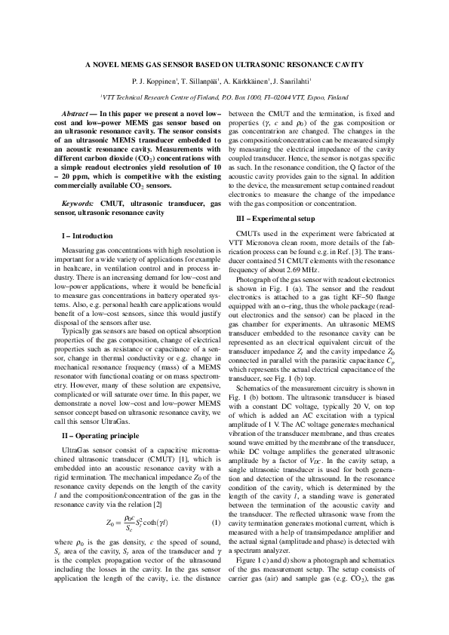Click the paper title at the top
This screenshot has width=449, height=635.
(x=223, y=65)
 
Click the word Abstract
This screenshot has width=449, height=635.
(x=75, y=112)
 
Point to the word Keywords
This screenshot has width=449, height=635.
(x=78, y=204)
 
